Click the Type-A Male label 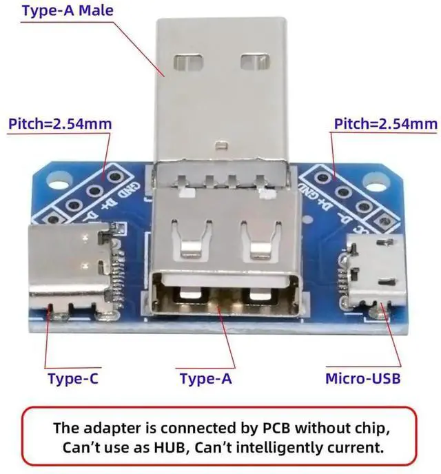[68, 10]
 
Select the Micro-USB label [362, 378]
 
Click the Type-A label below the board [206, 378]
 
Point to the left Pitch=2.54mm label [59, 124]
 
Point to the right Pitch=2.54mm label [385, 124]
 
